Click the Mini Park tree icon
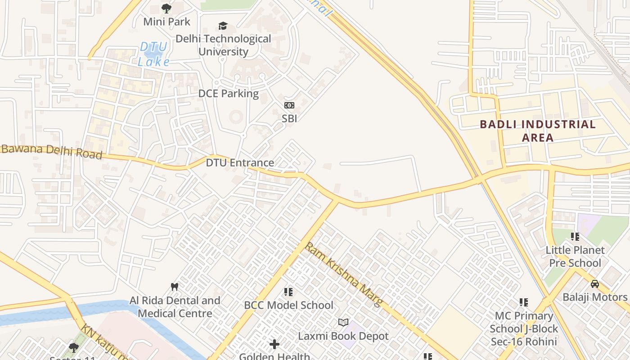click(x=166, y=8)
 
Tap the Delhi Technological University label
click(x=223, y=45)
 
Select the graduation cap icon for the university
click(x=223, y=26)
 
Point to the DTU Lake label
click(x=153, y=54)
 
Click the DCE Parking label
click(x=229, y=94)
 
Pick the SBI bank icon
click(x=289, y=105)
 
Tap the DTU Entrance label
click(x=240, y=162)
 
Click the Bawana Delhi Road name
click(x=51, y=152)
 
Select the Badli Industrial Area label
click(x=538, y=130)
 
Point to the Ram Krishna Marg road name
click(x=344, y=274)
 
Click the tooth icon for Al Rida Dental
click(x=175, y=287)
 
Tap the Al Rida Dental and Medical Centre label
click(x=175, y=307)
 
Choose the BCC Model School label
click(x=288, y=305)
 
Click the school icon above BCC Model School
click(x=288, y=292)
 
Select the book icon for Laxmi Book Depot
click(x=343, y=322)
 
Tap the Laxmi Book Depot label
click(x=343, y=336)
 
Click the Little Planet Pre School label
click(x=575, y=256)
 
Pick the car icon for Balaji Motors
click(x=595, y=283)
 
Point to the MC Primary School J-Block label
click(x=524, y=328)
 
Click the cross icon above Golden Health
click(x=274, y=345)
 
